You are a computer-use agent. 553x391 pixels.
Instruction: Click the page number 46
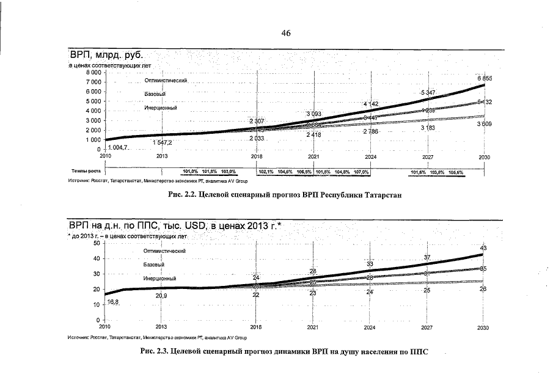point(285,34)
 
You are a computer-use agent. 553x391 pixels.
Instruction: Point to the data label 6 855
point(485,79)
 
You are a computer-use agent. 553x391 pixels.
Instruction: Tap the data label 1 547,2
point(162,142)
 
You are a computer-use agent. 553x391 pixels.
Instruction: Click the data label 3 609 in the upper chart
point(485,125)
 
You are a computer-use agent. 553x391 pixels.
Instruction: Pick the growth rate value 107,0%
point(361,172)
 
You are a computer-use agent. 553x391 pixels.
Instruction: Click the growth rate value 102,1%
point(267,172)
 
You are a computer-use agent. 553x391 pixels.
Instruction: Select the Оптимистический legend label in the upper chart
point(166,81)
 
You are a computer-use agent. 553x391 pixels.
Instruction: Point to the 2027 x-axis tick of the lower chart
point(427,327)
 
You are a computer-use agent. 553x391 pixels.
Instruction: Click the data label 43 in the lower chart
point(483,248)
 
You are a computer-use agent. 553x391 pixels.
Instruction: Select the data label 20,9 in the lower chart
point(162,296)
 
